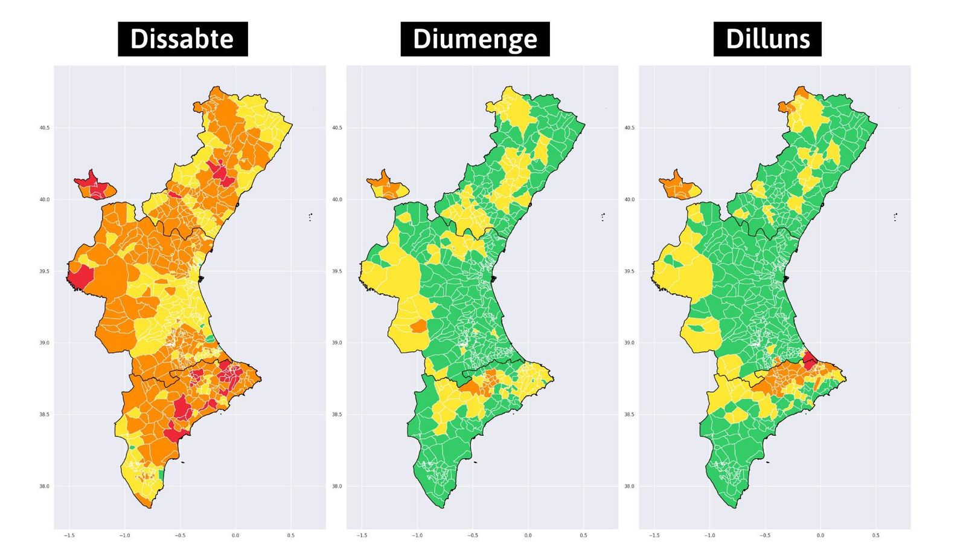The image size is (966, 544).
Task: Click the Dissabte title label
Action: point(182,39)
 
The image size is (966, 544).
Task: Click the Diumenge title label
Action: point(475,39)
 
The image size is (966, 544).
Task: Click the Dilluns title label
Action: point(767,39)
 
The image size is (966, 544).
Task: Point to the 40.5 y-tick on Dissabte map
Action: point(45,128)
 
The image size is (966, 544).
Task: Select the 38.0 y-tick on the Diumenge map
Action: point(337,486)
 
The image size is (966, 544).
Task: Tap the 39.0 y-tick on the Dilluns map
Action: point(629,343)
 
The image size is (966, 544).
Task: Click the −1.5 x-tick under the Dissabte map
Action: point(69,536)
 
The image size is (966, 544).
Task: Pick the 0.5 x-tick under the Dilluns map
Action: point(875,536)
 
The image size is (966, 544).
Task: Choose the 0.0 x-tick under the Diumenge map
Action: point(528,536)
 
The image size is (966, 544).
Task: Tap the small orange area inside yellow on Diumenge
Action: point(418,327)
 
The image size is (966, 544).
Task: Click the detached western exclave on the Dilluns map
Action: point(679,186)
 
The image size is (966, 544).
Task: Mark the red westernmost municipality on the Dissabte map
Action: point(80,277)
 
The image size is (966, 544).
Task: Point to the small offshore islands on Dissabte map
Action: point(310,216)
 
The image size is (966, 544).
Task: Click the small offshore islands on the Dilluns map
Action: point(895,216)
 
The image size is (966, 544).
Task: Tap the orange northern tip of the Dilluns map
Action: point(802,92)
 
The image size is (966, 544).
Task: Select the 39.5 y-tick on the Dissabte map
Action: point(45,271)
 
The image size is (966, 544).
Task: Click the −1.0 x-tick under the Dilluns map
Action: point(709,536)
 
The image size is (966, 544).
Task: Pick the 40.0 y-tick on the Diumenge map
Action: point(337,199)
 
